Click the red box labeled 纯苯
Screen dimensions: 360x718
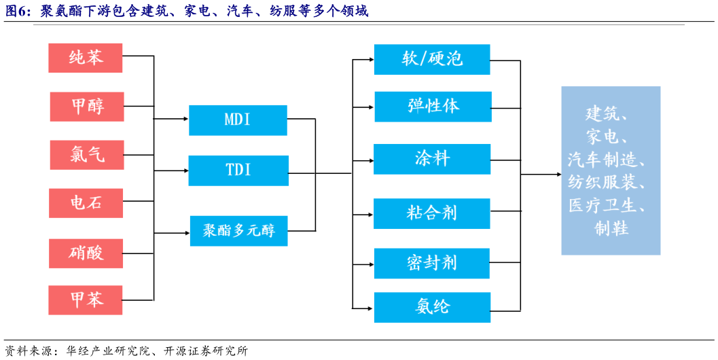(86, 58)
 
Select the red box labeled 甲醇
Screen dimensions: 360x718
(87, 107)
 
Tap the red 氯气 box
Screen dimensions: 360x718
(87, 155)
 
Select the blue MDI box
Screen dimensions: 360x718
(238, 120)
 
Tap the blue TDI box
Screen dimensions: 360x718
(238, 170)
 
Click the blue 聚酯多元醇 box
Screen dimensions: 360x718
(238, 231)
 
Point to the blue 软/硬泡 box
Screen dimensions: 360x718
(432, 60)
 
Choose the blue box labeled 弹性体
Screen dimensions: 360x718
(433, 107)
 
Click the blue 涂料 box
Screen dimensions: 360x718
(432, 159)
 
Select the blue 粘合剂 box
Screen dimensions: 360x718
(432, 213)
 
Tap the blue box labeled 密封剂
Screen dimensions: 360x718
(432, 263)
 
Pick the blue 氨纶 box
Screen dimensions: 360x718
(432, 307)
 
